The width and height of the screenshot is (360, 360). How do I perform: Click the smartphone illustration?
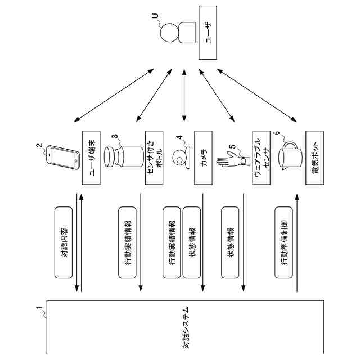click(x=63, y=157)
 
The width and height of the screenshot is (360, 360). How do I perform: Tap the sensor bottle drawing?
click(x=124, y=157)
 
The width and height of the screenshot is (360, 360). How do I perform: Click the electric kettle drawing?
click(x=290, y=156)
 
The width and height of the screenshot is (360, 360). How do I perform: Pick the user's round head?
click(x=169, y=33)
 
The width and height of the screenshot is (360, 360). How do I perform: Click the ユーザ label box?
click(x=208, y=33)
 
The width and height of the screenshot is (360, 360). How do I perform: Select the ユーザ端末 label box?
click(x=91, y=157)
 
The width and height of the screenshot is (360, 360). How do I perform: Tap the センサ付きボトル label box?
click(x=154, y=157)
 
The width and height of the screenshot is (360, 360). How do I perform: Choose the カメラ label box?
click(x=203, y=157)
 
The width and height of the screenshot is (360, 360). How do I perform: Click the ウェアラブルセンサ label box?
click(x=261, y=157)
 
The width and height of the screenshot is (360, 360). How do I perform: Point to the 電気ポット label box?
click(x=315, y=157)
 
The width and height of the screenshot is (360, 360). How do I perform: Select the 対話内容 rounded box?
click(x=64, y=242)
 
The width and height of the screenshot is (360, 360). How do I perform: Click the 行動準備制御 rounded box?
click(x=283, y=242)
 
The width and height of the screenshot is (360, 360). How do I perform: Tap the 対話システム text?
click(x=186, y=327)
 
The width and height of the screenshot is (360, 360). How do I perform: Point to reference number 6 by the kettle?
click(x=277, y=133)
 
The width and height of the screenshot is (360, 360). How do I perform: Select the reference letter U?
click(x=155, y=16)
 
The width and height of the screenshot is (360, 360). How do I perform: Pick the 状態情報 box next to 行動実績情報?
click(x=192, y=242)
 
